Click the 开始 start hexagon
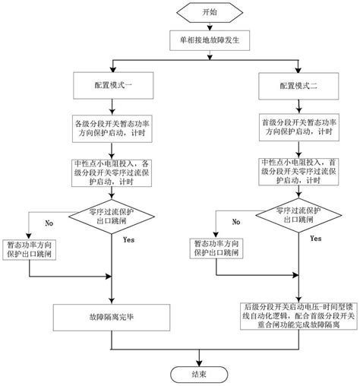click(x=200, y=13)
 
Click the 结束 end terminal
click(x=199, y=373)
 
